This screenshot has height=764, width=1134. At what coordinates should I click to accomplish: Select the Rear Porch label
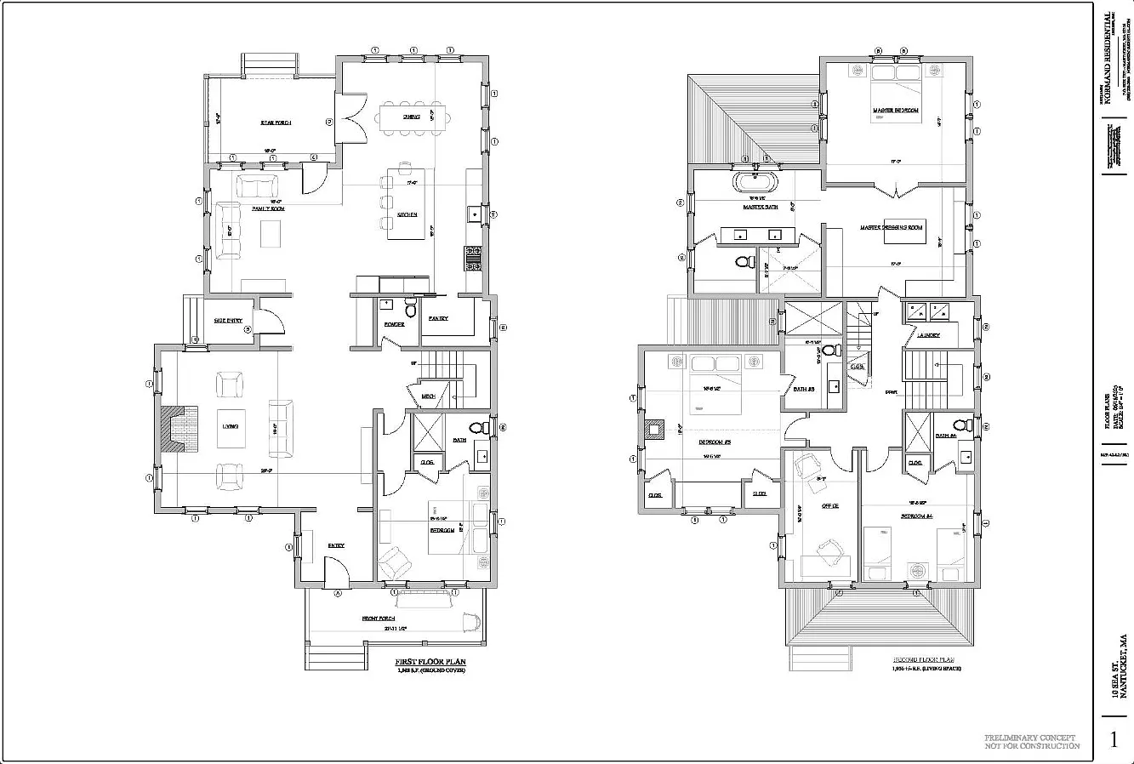click(276, 123)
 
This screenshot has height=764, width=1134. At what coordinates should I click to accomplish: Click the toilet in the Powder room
click(410, 304)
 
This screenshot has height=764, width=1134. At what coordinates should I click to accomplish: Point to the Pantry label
click(438, 319)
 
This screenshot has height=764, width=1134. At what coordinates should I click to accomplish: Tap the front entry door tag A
click(338, 592)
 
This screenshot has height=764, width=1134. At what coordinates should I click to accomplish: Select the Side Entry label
click(227, 321)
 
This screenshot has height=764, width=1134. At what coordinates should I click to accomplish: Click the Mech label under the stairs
click(429, 396)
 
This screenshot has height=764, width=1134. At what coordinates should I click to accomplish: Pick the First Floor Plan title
click(430, 662)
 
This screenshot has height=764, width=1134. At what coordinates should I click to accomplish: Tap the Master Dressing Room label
click(891, 227)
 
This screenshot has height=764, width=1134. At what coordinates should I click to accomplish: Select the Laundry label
click(928, 335)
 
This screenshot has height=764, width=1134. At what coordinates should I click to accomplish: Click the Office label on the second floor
click(829, 505)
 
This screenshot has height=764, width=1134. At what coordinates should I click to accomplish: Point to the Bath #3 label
click(805, 390)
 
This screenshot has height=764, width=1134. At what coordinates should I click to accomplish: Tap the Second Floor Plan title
click(924, 659)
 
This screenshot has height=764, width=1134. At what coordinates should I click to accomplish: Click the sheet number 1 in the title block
click(1114, 739)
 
